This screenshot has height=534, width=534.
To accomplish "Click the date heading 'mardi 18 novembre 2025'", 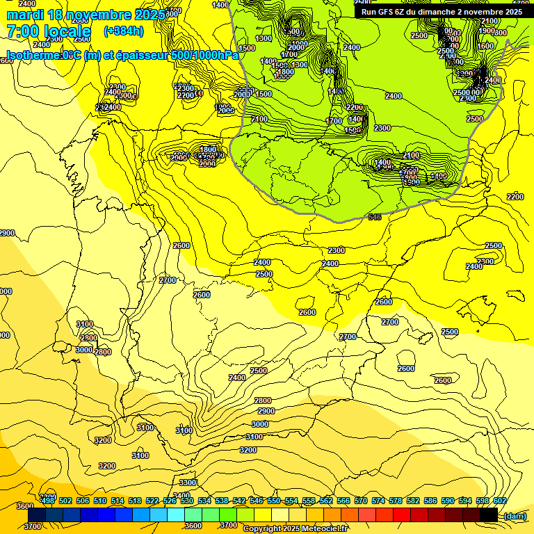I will pos(86,15).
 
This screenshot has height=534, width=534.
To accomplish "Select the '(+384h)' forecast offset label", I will pos(124,31).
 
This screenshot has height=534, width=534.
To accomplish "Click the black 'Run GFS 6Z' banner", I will pos(441,12).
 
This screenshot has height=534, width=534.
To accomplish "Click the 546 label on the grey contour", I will pos(375,218).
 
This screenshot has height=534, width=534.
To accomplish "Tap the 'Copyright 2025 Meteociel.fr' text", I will pos(295,528).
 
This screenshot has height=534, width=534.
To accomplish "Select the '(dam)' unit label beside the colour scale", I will pos(515,515).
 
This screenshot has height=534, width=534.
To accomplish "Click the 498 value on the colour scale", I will pos(48,501).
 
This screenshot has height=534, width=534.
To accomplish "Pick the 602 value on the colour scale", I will pos(499,501).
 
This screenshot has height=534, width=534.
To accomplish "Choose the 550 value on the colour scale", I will pos(274,501).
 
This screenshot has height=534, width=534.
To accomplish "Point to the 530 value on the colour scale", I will pos(187,501).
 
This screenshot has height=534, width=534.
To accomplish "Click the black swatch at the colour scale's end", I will pos(489,515).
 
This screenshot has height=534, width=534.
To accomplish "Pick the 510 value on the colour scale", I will pos(100,501).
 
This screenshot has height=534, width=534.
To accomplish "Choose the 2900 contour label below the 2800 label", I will pos(266,411).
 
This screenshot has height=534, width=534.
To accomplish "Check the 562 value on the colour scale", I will pos(326,501).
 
